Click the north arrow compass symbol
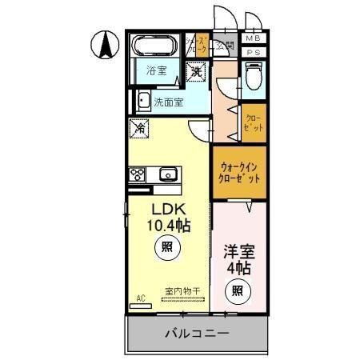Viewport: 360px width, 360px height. tap(103, 45)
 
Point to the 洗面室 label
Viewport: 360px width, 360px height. tap(168, 102)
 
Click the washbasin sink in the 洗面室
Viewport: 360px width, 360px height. tap(142, 101)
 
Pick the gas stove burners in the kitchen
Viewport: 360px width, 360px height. tap(135, 174)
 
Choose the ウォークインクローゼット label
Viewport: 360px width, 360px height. tap(239, 173)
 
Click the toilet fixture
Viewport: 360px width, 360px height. tap(254, 78)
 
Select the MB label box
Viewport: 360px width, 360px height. tap(253, 38)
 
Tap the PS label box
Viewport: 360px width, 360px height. tap(253, 53)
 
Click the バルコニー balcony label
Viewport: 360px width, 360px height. tap(197, 333)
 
